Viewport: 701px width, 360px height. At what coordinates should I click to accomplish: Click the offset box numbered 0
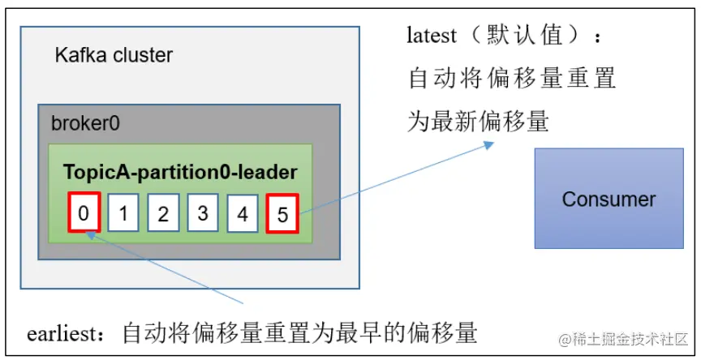pos(84,213)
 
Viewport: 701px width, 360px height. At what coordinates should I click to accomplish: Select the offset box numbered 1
pos(123,213)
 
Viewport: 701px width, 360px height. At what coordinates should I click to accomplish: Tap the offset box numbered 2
pos(163,213)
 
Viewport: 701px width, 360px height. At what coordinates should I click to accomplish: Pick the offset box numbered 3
pos(203,213)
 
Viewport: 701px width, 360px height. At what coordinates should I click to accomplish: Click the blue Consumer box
pos(608,198)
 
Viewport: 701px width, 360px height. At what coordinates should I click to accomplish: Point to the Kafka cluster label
pos(114,56)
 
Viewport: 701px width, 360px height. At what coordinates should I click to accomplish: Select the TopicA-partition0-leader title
pos(180,172)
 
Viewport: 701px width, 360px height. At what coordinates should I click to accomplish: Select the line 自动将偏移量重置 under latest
pos(512,79)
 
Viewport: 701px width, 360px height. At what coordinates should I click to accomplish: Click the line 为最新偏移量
pos(478,122)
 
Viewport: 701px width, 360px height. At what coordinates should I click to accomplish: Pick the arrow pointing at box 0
pos(162,259)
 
